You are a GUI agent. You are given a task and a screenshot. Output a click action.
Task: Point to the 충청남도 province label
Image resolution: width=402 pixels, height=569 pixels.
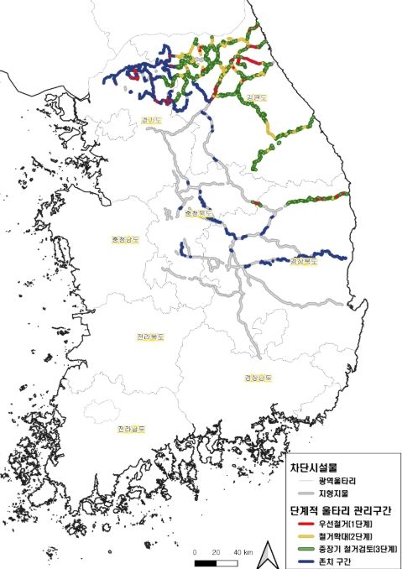click(x=125, y=239)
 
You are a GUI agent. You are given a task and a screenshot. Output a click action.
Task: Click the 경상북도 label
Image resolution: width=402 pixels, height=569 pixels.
click(x=305, y=262)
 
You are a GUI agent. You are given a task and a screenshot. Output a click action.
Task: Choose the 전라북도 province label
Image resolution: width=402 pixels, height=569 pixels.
click(x=150, y=337)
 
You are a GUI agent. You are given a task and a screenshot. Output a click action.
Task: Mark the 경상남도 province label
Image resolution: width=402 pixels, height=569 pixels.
click(x=258, y=377)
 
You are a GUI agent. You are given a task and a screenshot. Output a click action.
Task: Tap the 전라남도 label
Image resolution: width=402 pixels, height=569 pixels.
click(x=130, y=429)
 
